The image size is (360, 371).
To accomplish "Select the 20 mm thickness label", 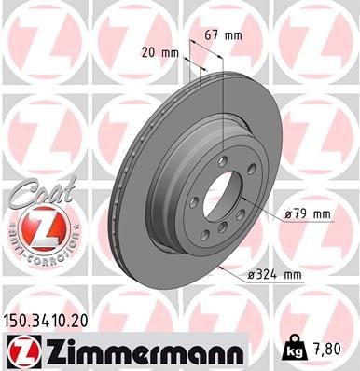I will coord(160,53).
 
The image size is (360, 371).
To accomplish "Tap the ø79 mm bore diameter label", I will coord(309,214).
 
